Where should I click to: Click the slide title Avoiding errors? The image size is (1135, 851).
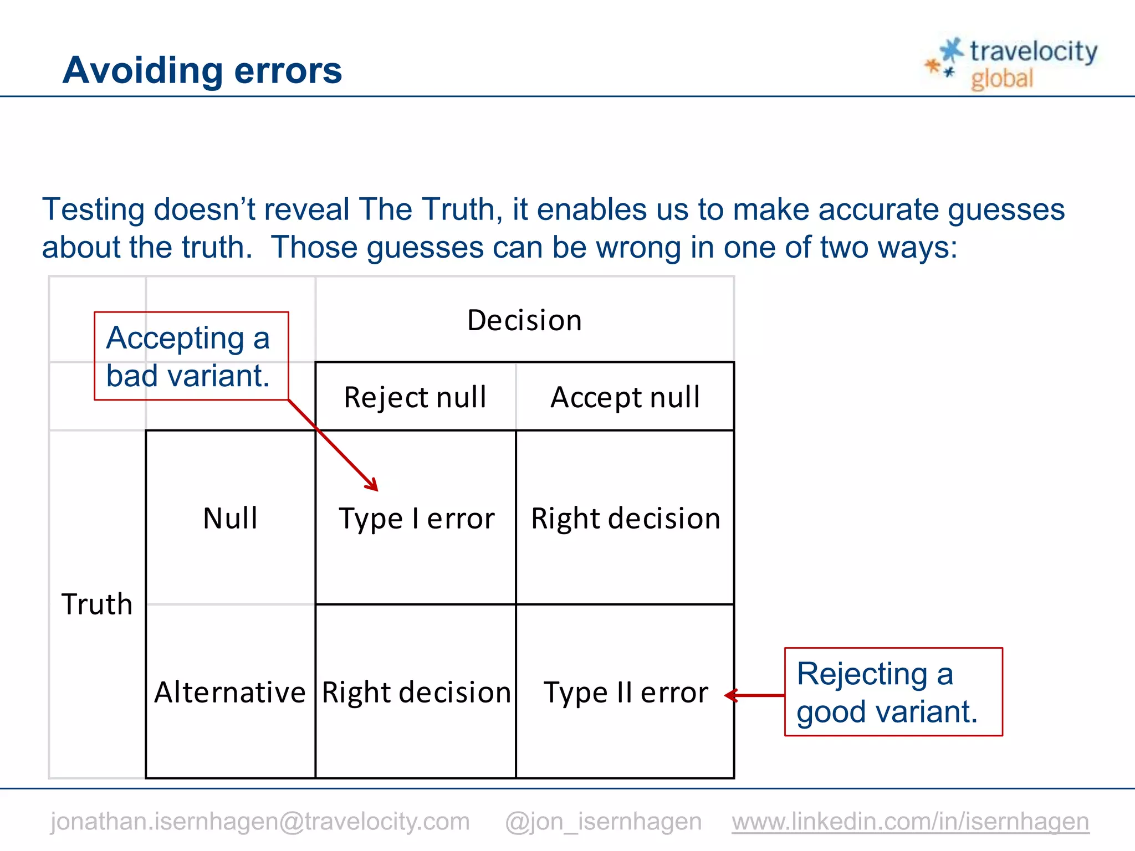202,70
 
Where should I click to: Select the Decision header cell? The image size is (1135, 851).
524,320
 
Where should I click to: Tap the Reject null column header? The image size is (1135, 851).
415,397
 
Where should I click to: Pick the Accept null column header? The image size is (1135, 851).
625,397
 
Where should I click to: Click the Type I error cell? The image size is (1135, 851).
416,519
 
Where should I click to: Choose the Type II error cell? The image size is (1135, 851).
625,693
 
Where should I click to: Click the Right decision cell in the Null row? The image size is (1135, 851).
625,519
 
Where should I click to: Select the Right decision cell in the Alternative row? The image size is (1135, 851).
416,693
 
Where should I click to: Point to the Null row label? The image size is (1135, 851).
231,519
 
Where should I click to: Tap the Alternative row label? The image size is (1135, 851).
230,693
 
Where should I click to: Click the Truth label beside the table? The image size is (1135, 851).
97,604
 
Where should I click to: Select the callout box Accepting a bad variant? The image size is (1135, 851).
191,356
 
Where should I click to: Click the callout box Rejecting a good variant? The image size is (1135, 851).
893,692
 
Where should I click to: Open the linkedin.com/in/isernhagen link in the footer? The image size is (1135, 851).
910,821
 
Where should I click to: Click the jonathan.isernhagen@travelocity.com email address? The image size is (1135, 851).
260,821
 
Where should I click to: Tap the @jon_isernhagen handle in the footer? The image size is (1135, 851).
603,821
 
